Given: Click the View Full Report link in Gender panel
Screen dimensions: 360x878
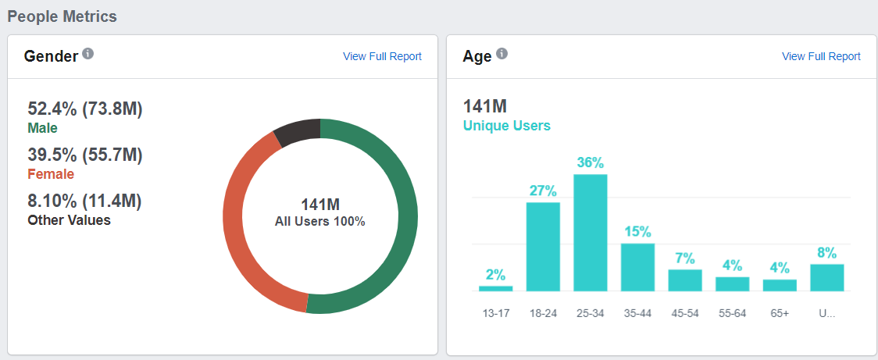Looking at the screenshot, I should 382,56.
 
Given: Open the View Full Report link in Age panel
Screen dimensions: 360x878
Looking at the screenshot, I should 821,56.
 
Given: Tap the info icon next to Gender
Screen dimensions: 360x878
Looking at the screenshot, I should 88,54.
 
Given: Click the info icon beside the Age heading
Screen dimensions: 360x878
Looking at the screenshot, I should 501,54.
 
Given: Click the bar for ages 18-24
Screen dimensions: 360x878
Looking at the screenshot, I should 543,246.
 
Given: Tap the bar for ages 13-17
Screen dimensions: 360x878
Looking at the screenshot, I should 496,288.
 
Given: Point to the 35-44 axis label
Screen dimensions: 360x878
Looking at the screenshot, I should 637,313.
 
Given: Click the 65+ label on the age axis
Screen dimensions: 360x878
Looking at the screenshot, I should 780,313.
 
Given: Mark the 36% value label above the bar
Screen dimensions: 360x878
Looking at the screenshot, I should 591,163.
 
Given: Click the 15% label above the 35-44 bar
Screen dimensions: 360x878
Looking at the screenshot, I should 637,232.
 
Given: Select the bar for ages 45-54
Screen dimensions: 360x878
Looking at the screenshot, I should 685,280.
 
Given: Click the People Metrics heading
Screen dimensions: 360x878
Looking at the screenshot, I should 62,16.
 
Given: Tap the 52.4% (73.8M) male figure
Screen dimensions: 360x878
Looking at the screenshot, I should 85,109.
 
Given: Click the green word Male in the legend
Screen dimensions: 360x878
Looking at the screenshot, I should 42,128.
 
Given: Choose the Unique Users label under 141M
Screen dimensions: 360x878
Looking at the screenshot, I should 506,126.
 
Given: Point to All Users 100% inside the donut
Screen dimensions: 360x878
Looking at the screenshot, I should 319,221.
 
